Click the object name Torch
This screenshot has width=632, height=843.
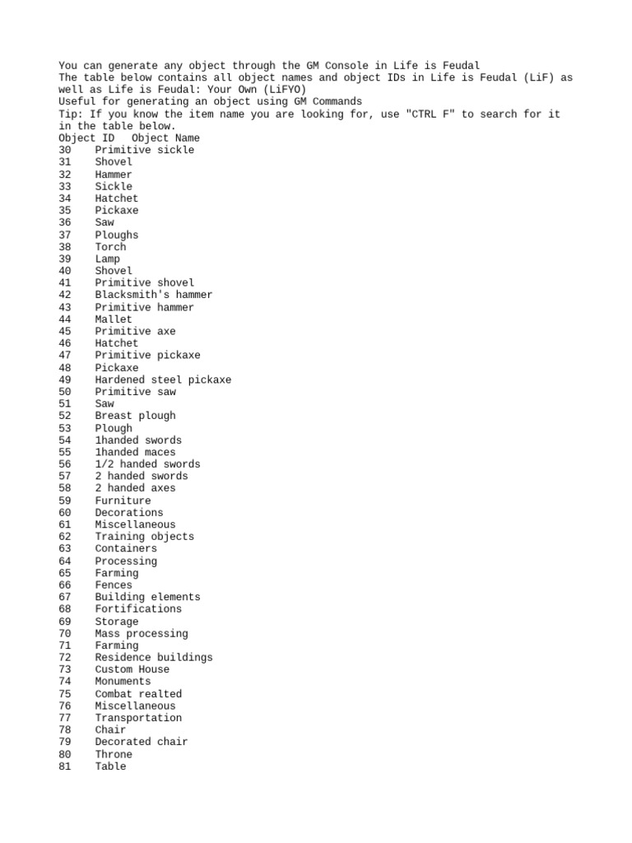tap(110, 247)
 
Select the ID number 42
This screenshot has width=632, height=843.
tap(65, 295)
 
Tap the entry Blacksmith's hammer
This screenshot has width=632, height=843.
tap(153, 295)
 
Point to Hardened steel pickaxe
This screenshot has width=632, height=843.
tap(163, 380)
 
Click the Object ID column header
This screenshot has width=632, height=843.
tap(86, 138)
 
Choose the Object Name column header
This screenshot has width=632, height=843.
tap(165, 138)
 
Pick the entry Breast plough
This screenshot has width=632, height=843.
tap(135, 416)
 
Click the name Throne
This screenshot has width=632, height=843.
tap(114, 754)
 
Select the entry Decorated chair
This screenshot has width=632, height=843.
tap(141, 742)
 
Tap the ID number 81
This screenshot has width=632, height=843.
tap(65, 766)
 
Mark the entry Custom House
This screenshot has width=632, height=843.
tap(132, 669)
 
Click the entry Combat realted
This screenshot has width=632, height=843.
tap(138, 694)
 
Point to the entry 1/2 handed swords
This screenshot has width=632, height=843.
tap(147, 464)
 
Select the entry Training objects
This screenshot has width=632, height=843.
tap(144, 537)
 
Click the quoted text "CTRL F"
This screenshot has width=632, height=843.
tap(429, 114)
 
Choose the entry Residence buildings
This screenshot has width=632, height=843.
tap(153, 657)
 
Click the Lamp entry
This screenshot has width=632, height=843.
tap(107, 258)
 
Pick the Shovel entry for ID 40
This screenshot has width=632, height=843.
tap(114, 271)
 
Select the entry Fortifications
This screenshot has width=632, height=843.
tap(138, 609)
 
